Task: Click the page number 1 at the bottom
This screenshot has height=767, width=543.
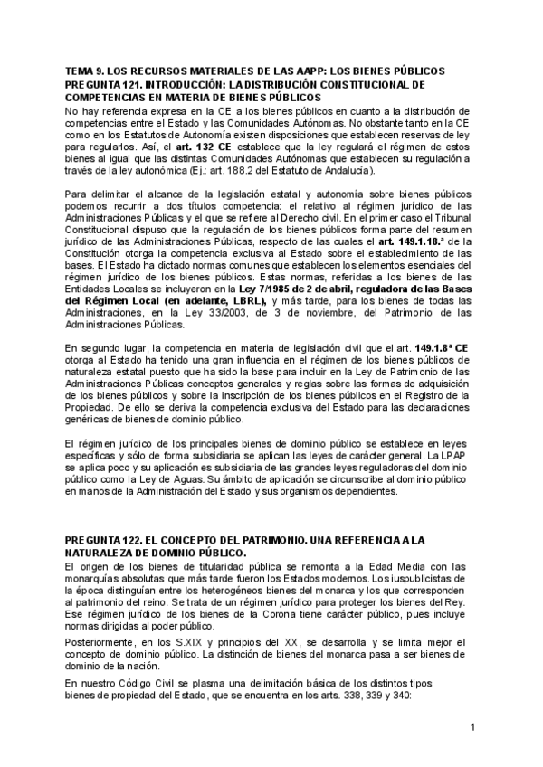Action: (x=473, y=728)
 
